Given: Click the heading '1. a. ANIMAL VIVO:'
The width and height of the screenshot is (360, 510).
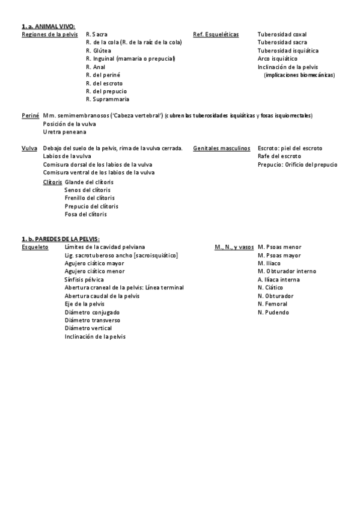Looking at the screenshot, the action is click(48, 26).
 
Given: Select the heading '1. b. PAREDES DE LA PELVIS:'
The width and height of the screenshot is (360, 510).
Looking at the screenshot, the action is click(60, 239).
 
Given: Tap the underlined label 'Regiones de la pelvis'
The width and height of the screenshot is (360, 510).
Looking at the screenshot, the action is click(50, 35).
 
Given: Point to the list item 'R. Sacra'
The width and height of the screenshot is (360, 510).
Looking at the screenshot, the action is click(97, 35).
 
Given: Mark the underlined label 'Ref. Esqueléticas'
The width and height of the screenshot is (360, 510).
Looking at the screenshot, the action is click(216, 35).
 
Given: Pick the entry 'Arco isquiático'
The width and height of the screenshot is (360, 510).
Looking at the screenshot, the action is click(277, 59).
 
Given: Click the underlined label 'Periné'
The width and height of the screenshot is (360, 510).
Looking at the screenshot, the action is click(30, 115).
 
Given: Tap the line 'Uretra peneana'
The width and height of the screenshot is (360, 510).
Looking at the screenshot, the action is click(64, 132).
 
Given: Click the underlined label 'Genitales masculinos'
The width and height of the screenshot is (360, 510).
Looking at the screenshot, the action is click(222, 148).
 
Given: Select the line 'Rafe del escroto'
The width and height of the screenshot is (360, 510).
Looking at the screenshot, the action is click(279, 156).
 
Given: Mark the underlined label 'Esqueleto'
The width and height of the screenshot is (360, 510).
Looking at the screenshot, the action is click(35, 247).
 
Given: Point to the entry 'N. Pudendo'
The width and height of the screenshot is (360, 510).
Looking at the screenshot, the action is click(273, 312).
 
